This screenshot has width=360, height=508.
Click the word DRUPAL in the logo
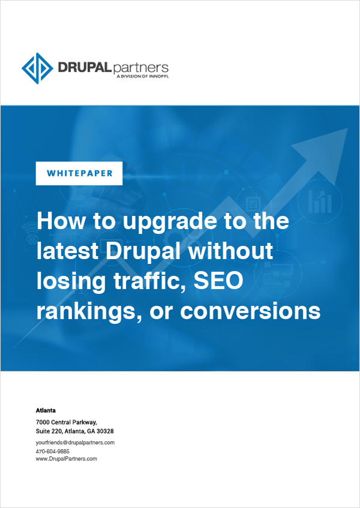tap(84, 67)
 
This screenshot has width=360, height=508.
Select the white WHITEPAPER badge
tap(79, 173)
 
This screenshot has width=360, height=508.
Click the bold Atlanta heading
tap(46, 411)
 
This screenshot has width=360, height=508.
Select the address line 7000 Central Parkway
tap(66, 423)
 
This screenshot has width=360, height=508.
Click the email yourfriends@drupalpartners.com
tap(75, 442)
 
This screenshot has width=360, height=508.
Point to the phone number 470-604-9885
tap(53, 451)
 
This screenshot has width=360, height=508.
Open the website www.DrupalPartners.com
tap(66, 459)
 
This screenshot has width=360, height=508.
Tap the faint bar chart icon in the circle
tap(320, 201)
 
